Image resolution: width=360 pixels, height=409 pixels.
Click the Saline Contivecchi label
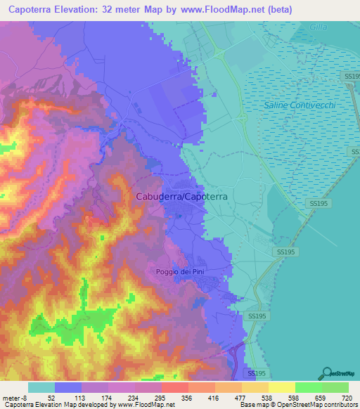tap(300, 105)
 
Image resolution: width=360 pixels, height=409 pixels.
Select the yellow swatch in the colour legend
tap(282, 387)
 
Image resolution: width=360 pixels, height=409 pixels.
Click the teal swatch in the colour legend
tap(41, 387)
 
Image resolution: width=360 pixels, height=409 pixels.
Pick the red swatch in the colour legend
tap(175, 387)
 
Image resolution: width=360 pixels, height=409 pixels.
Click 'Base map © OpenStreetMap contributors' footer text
tap(297, 404)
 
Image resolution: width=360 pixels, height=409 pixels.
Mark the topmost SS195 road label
tap(352, 75)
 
